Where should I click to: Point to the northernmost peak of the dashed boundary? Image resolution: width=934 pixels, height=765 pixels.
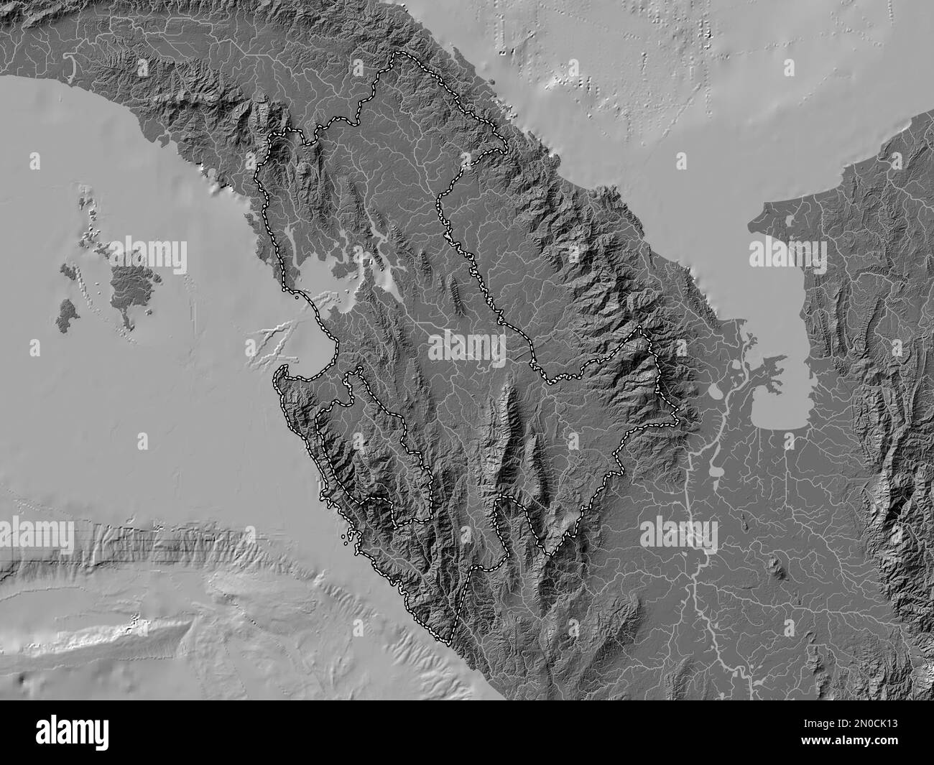[397, 55]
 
